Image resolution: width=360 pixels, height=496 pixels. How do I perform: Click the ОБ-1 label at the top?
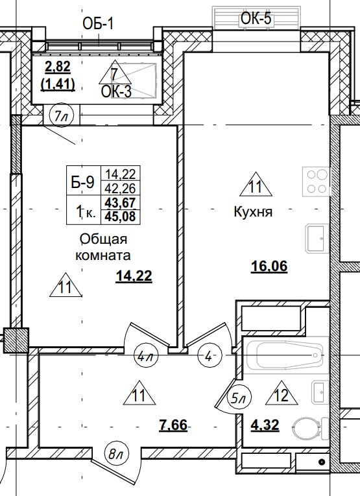98,25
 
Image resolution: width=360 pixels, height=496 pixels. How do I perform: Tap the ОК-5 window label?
256,19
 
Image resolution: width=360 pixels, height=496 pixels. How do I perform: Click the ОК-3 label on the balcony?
116,91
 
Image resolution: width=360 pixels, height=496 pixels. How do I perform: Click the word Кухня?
253,212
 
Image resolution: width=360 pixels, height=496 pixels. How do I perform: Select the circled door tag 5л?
239,398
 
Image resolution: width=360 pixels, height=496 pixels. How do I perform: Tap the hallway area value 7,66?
174,425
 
